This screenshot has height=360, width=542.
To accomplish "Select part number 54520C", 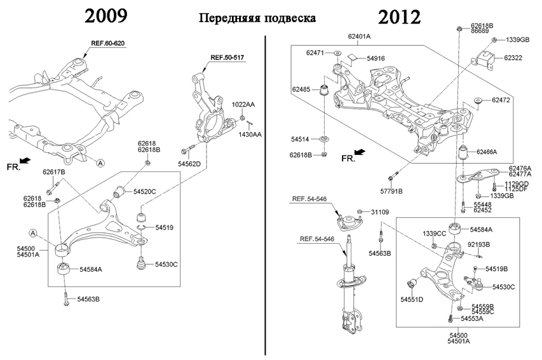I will click(144, 191).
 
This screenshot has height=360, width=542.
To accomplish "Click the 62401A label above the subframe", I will click(360, 37).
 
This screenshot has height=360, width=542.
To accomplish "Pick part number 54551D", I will click(412, 299).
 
